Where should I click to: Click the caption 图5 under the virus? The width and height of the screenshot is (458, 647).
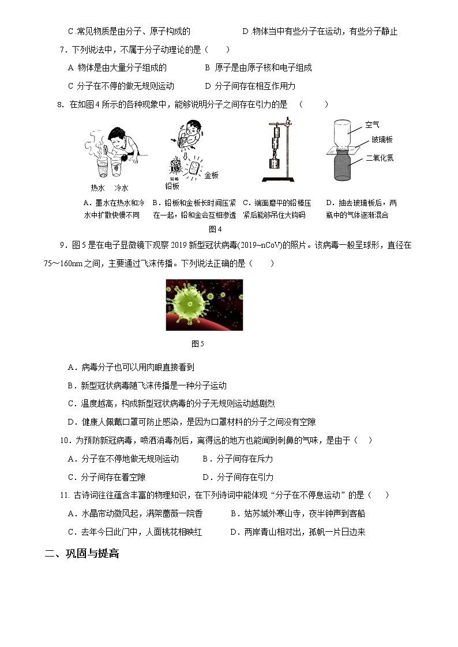(198, 344)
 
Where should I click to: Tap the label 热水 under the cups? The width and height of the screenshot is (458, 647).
(98, 188)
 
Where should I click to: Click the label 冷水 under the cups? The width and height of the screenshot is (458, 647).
(121, 188)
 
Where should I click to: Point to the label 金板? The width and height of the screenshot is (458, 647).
(212, 175)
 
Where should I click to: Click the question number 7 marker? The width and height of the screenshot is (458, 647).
(63, 50)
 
